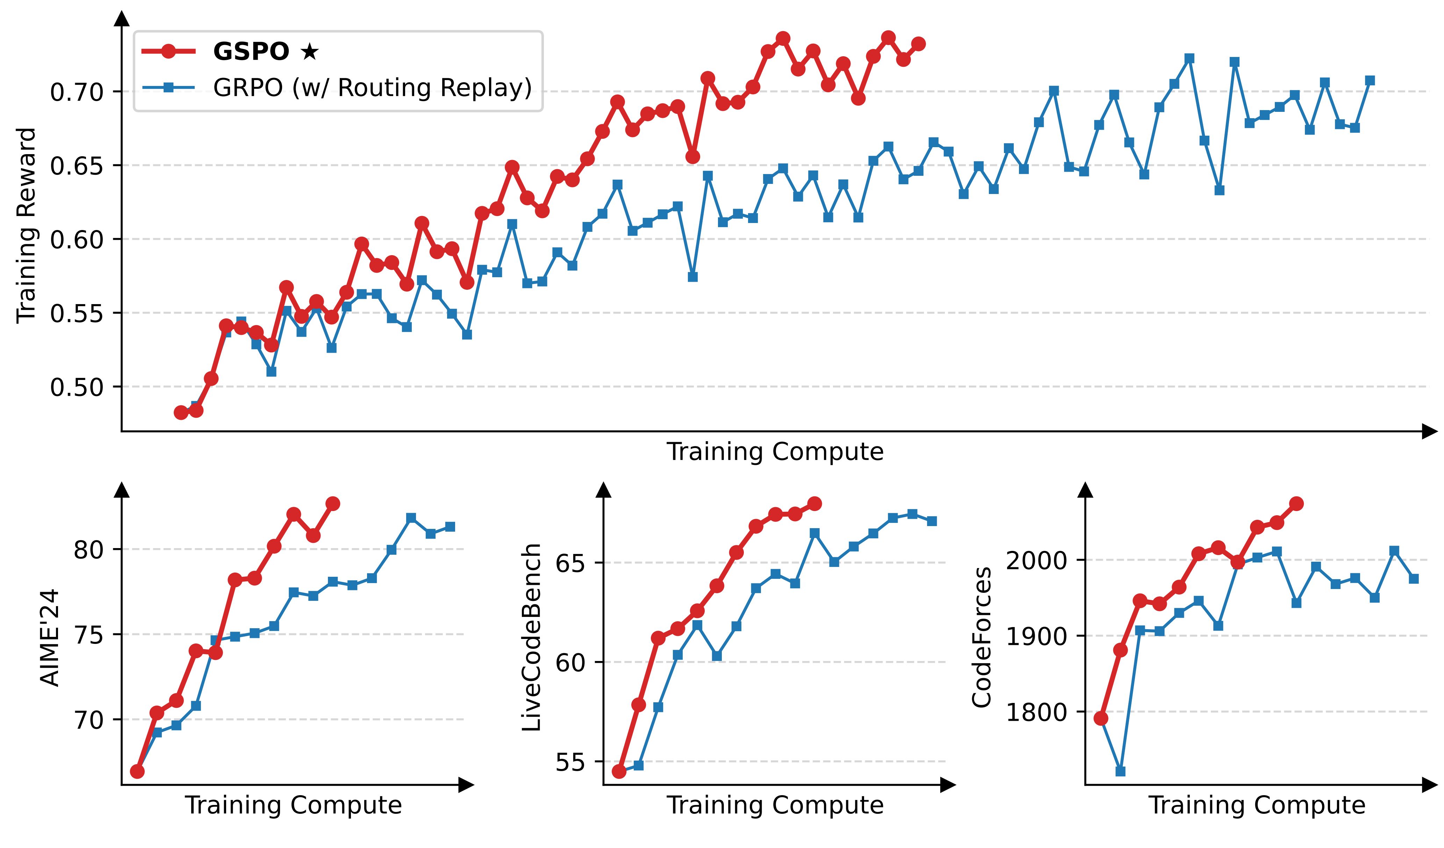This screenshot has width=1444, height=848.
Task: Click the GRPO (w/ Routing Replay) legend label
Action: pos(373,88)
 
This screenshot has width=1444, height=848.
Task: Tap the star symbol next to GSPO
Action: pos(309,52)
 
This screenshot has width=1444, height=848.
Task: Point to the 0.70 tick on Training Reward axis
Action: pos(76,92)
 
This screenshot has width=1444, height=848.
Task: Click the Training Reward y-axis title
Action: pos(26,225)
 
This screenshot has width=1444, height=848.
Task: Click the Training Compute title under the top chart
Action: pos(775,452)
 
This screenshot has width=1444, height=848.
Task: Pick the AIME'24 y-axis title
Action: pos(50,637)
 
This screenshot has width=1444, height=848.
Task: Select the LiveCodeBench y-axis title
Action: pos(532,637)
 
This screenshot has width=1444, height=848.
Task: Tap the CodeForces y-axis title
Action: pos(982,637)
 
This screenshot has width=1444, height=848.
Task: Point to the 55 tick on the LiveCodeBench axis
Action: pos(570,762)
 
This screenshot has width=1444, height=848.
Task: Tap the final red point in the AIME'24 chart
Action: pos(332,504)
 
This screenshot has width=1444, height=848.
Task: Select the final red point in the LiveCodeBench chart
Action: pos(814,504)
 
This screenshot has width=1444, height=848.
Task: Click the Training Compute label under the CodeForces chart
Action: pos(1257,805)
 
